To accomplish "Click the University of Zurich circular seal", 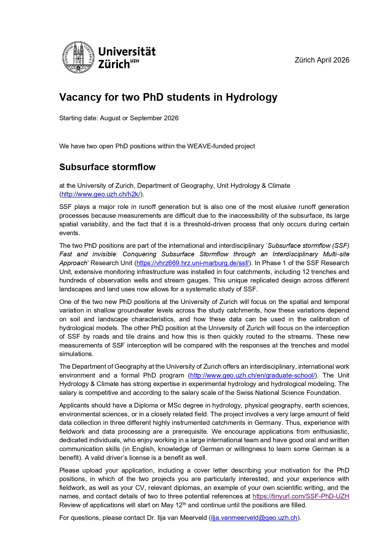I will pos(78,57).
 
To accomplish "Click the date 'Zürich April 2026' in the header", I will pos(322,60).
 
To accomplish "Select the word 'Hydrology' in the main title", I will pos(251,97).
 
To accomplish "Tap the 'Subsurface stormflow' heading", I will pos(107,167).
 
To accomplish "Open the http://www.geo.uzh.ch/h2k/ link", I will pos(101,194).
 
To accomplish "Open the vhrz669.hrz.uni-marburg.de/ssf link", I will pos(193,263).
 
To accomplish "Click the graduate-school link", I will pos(253,375).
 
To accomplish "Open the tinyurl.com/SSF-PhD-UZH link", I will pos(301,496).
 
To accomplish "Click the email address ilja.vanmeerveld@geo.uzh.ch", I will pos(254,518).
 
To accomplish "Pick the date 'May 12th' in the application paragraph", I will pos(173,505).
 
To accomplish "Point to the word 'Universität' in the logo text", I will pos(127,52).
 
